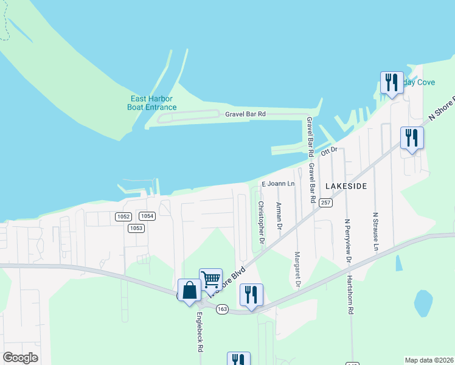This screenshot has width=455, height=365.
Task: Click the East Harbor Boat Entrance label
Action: [151, 103]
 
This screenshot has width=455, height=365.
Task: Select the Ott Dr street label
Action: [329, 150]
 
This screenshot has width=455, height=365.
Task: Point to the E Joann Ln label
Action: [278, 184]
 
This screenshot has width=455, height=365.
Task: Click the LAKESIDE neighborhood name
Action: [346, 186]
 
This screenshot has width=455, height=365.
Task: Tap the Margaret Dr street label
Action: [297, 271]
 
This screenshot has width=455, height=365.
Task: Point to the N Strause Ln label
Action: [375, 232]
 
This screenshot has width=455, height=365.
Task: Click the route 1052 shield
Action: [123, 216]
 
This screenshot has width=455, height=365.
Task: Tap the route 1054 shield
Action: [147, 216]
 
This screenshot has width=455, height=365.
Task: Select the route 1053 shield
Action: [136, 228]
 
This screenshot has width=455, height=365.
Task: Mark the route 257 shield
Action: [326, 203]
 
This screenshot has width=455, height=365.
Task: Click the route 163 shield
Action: [221, 309]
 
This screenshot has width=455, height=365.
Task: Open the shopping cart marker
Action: [210, 280]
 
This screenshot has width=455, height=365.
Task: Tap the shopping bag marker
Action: [189, 290]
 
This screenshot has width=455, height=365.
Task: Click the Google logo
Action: [20, 358]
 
